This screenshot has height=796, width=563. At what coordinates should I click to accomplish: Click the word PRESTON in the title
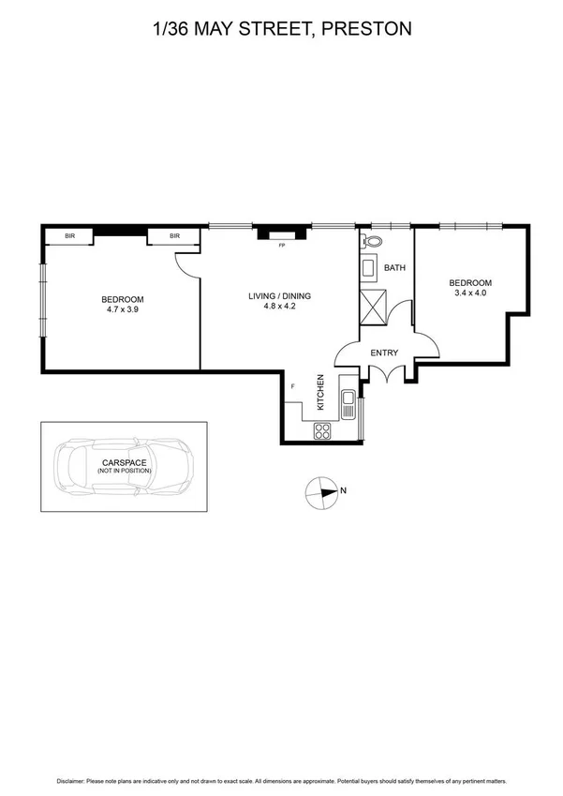coord(366,29)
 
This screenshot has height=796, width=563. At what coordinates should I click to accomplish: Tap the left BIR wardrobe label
coord(70,236)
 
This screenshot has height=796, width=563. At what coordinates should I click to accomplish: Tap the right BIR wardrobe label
coord(174,236)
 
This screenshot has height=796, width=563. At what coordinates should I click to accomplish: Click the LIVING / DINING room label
coord(279,296)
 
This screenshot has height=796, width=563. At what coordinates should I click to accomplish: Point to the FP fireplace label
coord(280,246)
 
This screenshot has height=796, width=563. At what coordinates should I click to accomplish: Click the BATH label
coord(395,268)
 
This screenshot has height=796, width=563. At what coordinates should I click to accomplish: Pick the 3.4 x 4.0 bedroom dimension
coord(469,293)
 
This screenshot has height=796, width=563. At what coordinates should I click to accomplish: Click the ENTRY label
coord(384,353)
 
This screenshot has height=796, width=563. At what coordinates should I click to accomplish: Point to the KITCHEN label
coord(320,393)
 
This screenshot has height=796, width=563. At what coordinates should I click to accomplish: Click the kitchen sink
coord(348,404)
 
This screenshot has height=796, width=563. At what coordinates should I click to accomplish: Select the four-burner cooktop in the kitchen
coord(323,431)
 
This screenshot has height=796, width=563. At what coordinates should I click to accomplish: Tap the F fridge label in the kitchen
coord(293,386)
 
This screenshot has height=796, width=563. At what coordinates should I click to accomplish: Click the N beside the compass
coord(344,489)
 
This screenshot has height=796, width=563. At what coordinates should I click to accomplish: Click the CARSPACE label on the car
coord(124,462)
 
